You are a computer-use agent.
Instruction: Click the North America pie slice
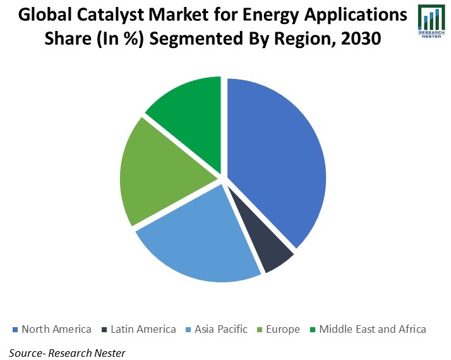pos(278,158)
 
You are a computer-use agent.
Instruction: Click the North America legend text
pos(56,329)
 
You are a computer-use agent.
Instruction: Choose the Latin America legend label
pos(143,329)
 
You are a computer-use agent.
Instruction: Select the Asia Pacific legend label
pos(220,329)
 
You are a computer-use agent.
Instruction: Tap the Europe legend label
pos(284,329)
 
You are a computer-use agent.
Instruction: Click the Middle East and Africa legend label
pos(373,329)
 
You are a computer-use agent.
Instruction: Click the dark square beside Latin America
pos(104,330)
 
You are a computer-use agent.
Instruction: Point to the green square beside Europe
pos(260,330)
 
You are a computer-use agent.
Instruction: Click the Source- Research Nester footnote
pos(68,352)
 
